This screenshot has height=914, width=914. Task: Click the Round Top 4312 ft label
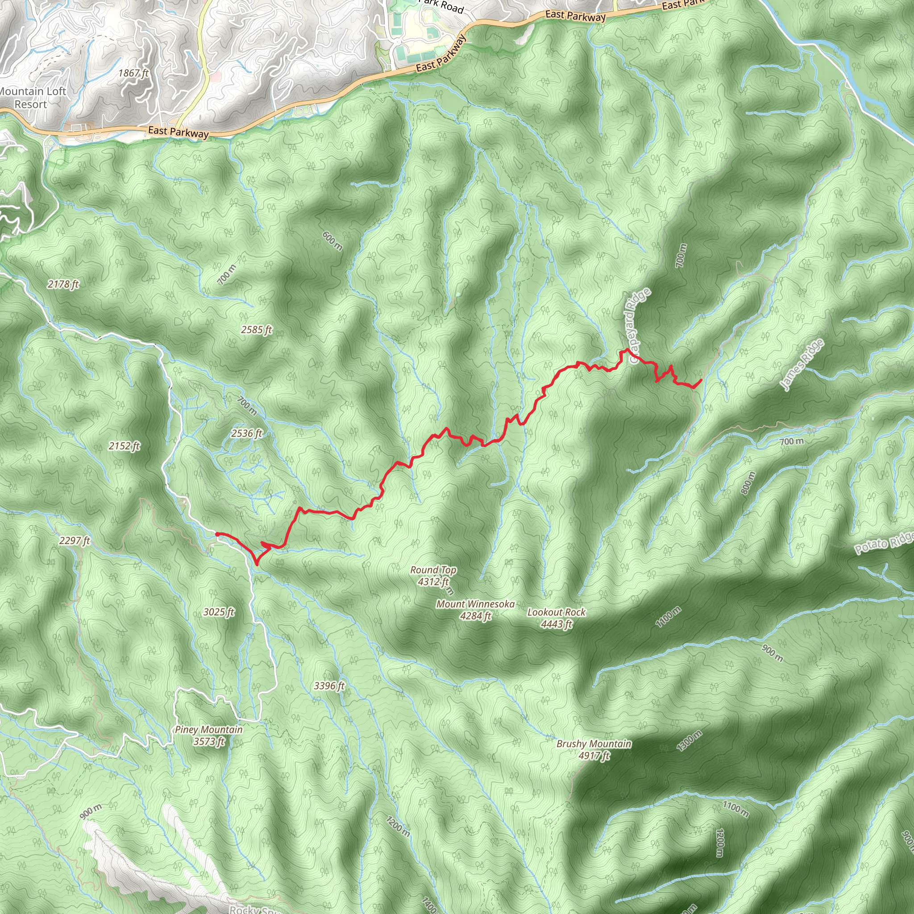pyautogui.click(x=433, y=576)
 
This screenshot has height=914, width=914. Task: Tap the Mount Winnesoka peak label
pyautogui.click(x=475, y=610)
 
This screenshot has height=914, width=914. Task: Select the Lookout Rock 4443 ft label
pyautogui.click(x=557, y=618)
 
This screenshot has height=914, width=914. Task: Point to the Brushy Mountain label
pyautogui.click(x=594, y=749)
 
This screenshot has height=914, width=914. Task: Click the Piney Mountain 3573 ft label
pyautogui.click(x=208, y=735)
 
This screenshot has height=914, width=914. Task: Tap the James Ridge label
pyautogui.click(x=802, y=365)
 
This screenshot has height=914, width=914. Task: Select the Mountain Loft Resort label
pyautogui.click(x=31, y=98)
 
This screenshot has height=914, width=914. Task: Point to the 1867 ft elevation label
pyautogui.click(x=133, y=73)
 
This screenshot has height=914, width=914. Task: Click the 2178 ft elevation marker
pyautogui.click(x=63, y=284)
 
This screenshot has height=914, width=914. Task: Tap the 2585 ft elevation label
pyautogui.click(x=257, y=330)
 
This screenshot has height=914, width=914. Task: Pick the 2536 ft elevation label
pyautogui.click(x=246, y=433)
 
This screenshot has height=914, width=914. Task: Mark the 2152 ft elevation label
pyautogui.click(x=125, y=446)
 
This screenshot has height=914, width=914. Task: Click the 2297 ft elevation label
pyautogui.click(x=75, y=540)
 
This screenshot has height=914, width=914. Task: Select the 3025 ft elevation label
pyautogui.click(x=219, y=612)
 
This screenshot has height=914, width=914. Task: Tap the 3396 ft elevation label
pyautogui.click(x=329, y=685)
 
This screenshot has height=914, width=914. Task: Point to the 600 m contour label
pyautogui.click(x=332, y=241)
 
